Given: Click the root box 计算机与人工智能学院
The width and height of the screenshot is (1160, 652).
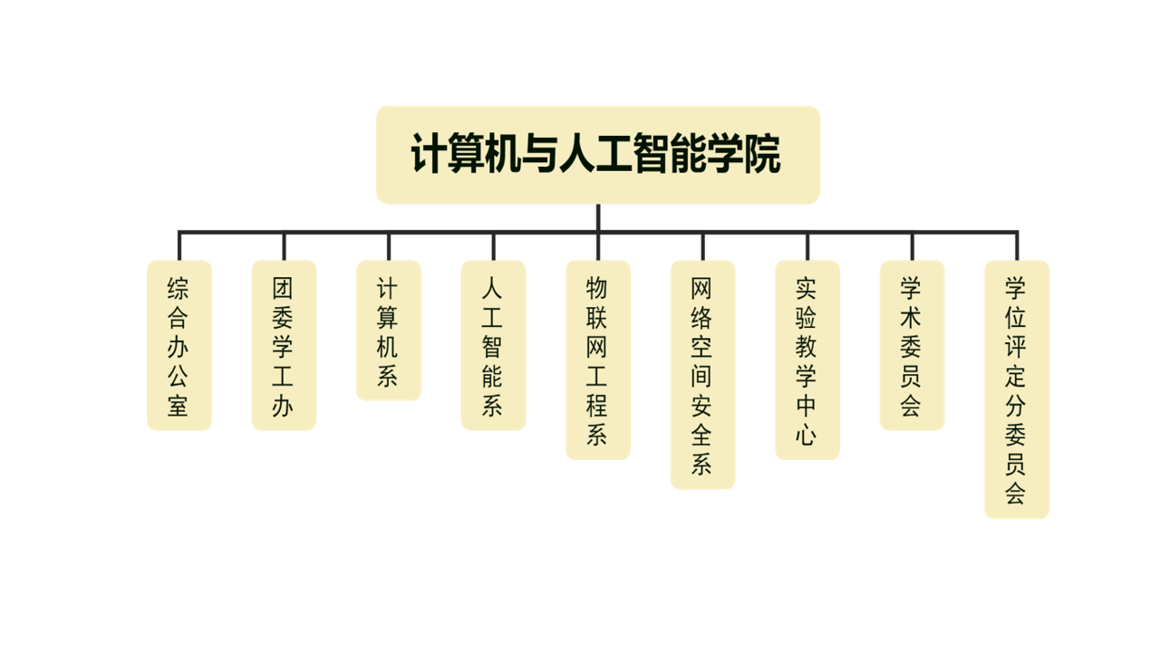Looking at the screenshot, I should [597, 155].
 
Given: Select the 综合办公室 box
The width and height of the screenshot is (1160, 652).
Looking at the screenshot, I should [179, 345].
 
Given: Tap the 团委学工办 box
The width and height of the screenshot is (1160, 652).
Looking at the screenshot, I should [284, 345].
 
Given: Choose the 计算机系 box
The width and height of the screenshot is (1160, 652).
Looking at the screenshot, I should [388, 331].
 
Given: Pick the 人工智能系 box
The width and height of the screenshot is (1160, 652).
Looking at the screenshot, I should [493, 345].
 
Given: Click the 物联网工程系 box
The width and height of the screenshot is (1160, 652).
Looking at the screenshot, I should [597, 360].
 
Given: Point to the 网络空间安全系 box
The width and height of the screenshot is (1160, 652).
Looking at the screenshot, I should [702, 375].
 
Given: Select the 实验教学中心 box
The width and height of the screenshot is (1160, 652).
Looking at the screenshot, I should [807, 360].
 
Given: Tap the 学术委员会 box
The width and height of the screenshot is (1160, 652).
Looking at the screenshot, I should [912, 345].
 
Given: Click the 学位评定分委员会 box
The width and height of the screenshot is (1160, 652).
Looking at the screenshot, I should [1016, 389].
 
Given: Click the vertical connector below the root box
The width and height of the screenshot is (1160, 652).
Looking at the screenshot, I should [598, 217].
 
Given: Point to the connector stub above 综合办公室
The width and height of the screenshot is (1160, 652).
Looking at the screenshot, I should [179, 246].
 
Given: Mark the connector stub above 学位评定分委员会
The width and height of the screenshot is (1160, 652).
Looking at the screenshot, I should [1017, 246].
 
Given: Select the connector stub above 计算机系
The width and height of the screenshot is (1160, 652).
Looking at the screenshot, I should [389, 246].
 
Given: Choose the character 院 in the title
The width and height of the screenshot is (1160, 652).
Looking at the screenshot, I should [762, 155].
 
